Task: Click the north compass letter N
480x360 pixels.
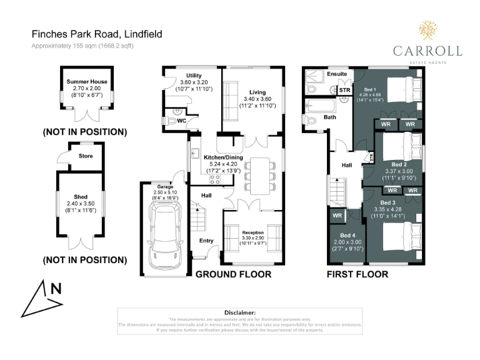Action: tap(56, 289)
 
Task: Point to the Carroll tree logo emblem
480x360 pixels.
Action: tap(427, 31)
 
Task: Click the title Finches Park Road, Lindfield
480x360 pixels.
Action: tap(97, 34)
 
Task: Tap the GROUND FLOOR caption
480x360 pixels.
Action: tap(233, 274)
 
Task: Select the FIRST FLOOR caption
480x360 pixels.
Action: tap(358, 274)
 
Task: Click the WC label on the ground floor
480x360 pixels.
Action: tap(182, 120)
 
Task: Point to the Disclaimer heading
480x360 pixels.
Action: tap(240, 312)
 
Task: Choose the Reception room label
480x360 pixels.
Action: tap(253, 232)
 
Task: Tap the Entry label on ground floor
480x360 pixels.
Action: tap(206, 240)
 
